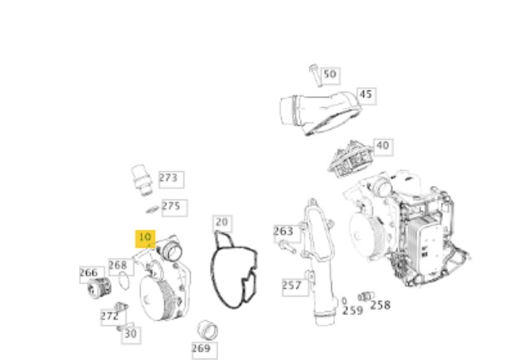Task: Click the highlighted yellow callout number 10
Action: pos(145,238)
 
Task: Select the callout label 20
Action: pos(222,222)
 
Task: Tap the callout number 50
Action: pos(330,75)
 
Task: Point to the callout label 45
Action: pos(366,95)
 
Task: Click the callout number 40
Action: pos(383,146)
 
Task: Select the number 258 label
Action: pos(380,305)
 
